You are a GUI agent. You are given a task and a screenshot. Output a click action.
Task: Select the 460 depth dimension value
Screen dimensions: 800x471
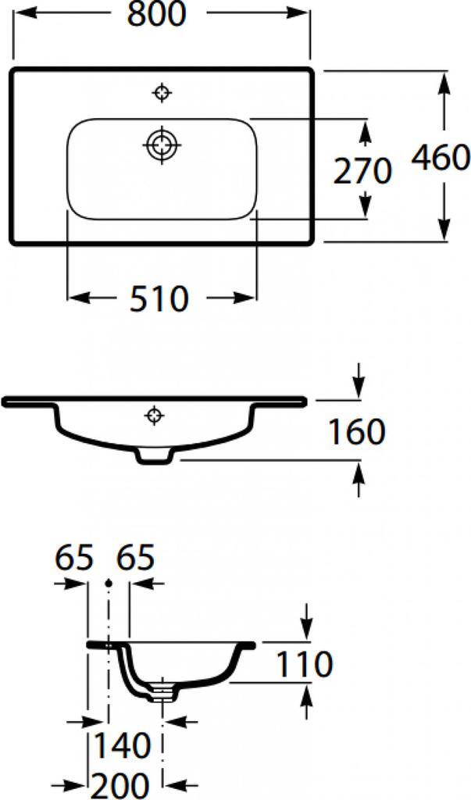pyautogui.click(x=441, y=159)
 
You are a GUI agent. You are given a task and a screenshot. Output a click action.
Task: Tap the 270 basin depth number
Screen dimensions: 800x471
pyautogui.click(x=362, y=171)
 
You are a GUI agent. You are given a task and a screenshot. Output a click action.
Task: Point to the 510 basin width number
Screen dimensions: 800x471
pyautogui.click(x=159, y=298)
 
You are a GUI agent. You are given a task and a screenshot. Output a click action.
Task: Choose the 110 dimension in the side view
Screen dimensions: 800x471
pyautogui.click(x=304, y=664)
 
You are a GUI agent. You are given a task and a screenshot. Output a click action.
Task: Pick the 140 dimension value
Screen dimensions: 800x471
pyautogui.click(x=123, y=746)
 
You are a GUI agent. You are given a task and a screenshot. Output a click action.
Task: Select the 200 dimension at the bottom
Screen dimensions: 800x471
pyautogui.click(x=123, y=784)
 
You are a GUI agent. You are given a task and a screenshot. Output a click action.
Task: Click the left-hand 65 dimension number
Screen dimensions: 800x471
pyautogui.click(x=74, y=559)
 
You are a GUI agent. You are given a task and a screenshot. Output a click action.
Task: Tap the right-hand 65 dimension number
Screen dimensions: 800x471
pyautogui.click(x=135, y=559)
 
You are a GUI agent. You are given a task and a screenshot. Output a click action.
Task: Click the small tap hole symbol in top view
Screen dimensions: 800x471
pyautogui.click(x=162, y=94)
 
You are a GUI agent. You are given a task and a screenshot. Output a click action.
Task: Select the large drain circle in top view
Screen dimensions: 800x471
pyautogui.click(x=162, y=145)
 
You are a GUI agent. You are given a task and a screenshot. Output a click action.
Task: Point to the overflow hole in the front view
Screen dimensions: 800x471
pyautogui.click(x=154, y=415)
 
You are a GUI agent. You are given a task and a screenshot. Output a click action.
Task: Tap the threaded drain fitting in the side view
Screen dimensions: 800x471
pyautogui.click(x=162, y=690)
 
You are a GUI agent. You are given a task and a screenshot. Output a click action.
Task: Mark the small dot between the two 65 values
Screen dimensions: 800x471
pyautogui.click(x=108, y=582)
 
